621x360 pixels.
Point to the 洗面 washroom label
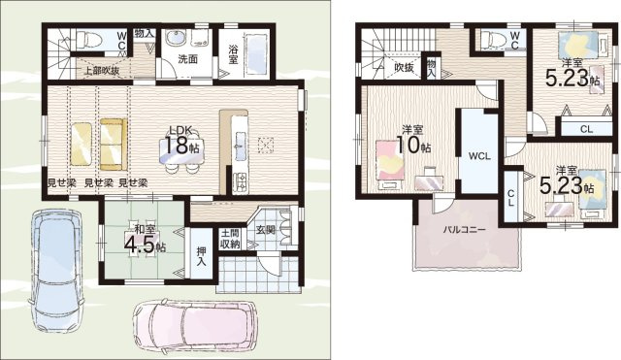tap(187, 59)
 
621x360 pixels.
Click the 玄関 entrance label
tap(266, 230)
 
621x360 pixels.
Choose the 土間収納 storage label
tap(229, 238)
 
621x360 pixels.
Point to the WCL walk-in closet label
tap(477, 156)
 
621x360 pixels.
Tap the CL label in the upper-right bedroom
tap(586, 128)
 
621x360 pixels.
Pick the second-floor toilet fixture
tap(490, 39)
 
